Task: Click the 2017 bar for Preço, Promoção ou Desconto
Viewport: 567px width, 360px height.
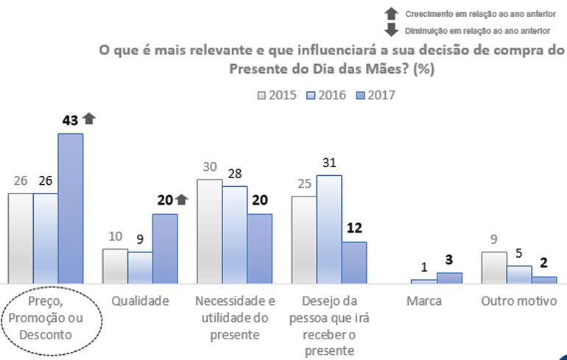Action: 71,208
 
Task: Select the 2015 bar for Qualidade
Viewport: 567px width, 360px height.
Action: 115,266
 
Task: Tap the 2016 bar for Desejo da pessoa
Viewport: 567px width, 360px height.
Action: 329,229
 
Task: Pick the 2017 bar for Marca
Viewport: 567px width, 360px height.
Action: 449,278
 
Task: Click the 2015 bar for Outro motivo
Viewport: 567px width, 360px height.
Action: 494,267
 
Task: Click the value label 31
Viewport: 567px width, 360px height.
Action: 329,163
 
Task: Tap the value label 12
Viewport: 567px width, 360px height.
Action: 354,228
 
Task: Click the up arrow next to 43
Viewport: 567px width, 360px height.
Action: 89,118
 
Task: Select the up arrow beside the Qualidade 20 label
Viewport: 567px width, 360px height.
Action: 182,200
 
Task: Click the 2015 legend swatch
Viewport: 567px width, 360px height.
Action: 261,95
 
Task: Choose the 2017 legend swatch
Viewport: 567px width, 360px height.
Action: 360,95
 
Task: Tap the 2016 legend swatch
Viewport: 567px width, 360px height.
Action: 311,95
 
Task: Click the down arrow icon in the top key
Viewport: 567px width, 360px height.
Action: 392,29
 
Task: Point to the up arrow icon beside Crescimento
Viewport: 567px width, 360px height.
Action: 392,13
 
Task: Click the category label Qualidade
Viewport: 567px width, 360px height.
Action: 141,301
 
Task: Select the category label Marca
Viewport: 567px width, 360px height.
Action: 424,301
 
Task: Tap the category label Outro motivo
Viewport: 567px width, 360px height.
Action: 519,301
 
